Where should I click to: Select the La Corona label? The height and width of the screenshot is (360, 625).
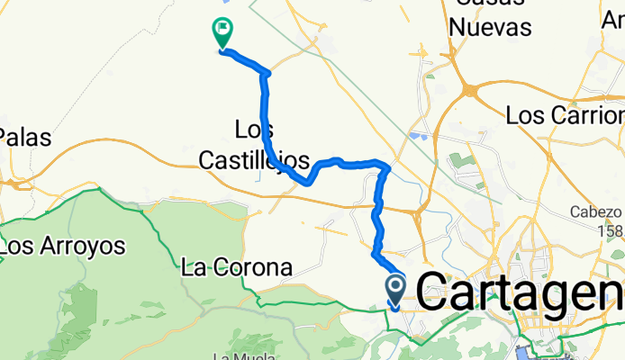point(237,267)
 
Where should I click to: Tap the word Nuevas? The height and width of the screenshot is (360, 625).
point(490,27)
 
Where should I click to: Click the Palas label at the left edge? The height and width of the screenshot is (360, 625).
point(26,138)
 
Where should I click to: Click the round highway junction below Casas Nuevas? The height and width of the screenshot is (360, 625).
point(470,90)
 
